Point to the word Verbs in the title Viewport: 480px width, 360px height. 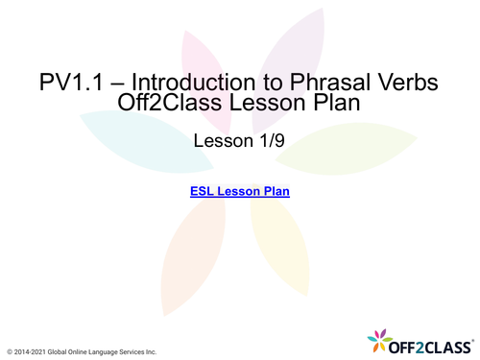[407, 83]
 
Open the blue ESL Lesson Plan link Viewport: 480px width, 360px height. [240, 191]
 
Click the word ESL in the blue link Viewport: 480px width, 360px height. [203, 191]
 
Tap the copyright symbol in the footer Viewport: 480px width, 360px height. [10, 352]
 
